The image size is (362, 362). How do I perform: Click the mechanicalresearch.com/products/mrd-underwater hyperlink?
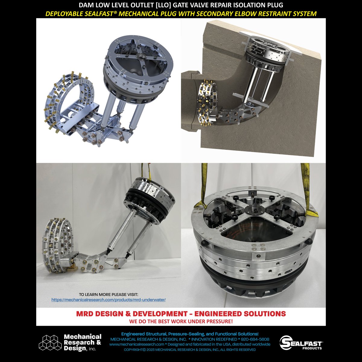(109, 300)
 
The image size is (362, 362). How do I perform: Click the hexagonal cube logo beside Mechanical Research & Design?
(50, 342)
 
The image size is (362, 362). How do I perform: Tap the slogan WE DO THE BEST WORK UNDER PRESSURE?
(181, 322)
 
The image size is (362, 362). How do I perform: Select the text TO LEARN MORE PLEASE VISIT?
(108, 294)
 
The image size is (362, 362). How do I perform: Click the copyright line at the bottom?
(190, 350)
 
